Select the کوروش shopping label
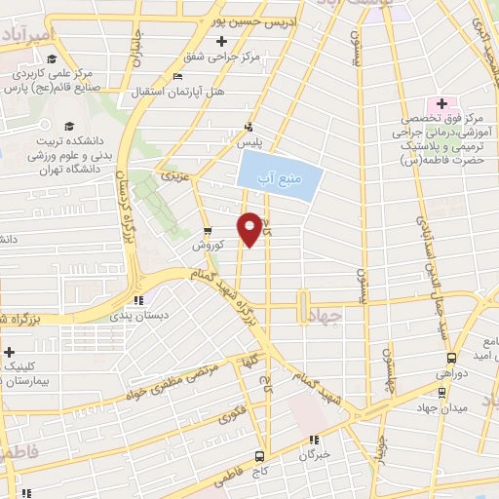click(207, 246)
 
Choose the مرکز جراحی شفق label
click(230, 57)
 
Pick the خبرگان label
click(315, 454)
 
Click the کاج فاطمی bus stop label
click(260, 471)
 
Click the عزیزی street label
click(175, 178)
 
